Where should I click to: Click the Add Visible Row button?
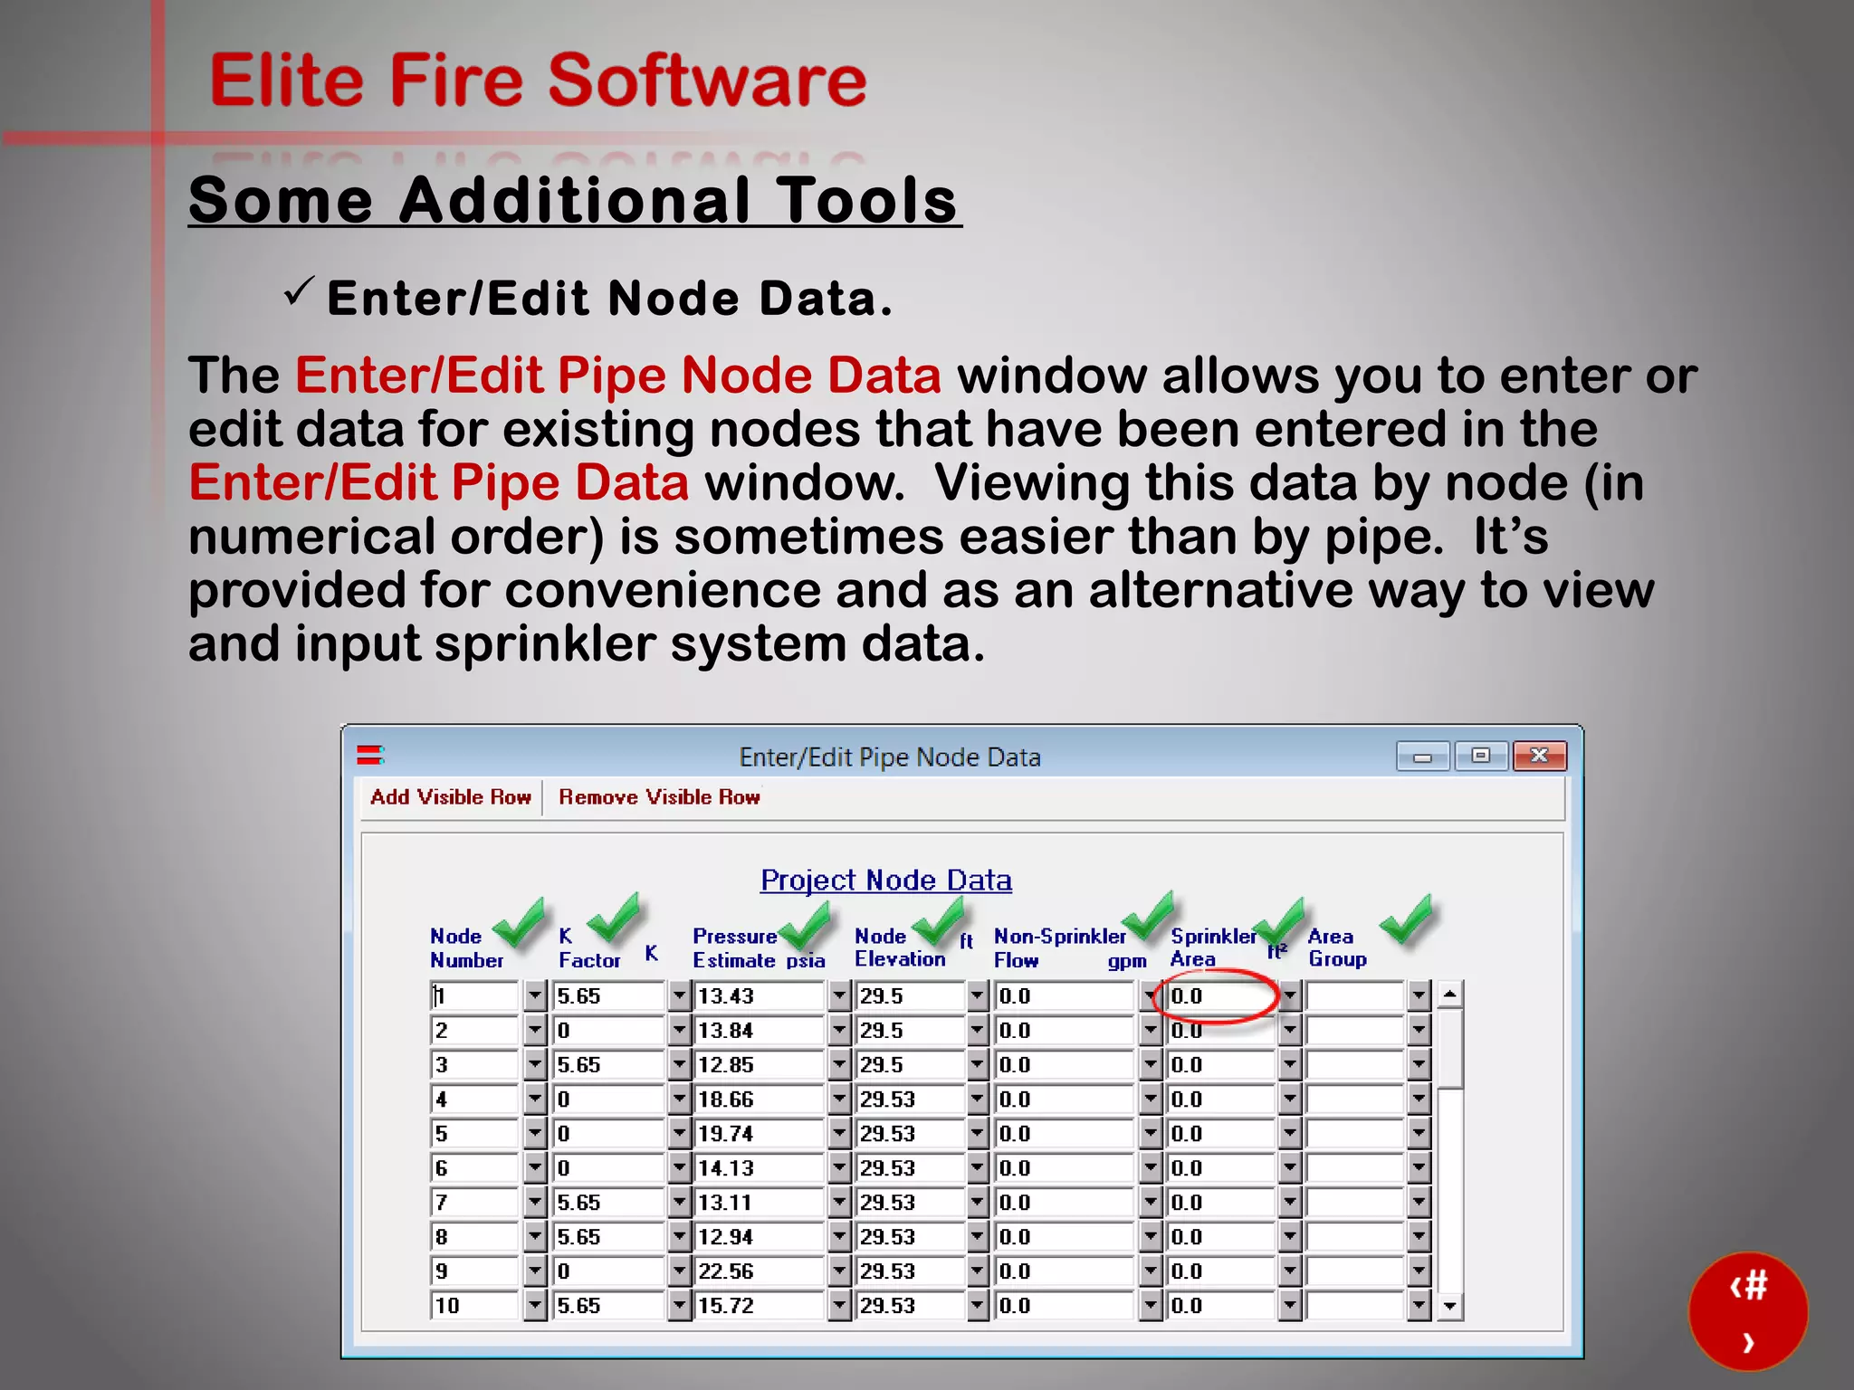[x=450, y=797]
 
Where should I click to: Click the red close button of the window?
[x=1539, y=756]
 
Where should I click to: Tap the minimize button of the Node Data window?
[x=1422, y=756]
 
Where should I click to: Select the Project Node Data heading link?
[x=885, y=880]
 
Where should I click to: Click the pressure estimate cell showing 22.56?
[x=759, y=1271]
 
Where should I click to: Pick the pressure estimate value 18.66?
[x=759, y=1100]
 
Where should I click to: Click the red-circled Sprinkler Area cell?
[x=1218, y=996]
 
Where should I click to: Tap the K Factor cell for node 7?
[x=608, y=1203]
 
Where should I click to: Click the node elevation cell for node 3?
[x=910, y=1065]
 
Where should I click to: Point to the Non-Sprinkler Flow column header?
[x=1059, y=947]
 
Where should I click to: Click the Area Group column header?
[x=1337, y=947]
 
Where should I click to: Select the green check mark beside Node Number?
[x=521, y=922]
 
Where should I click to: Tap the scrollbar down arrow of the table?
[x=1450, y=1306]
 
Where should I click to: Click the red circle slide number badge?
[x=1748, y=1311]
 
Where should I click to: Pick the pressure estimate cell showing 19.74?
[x=759, y=1134]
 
